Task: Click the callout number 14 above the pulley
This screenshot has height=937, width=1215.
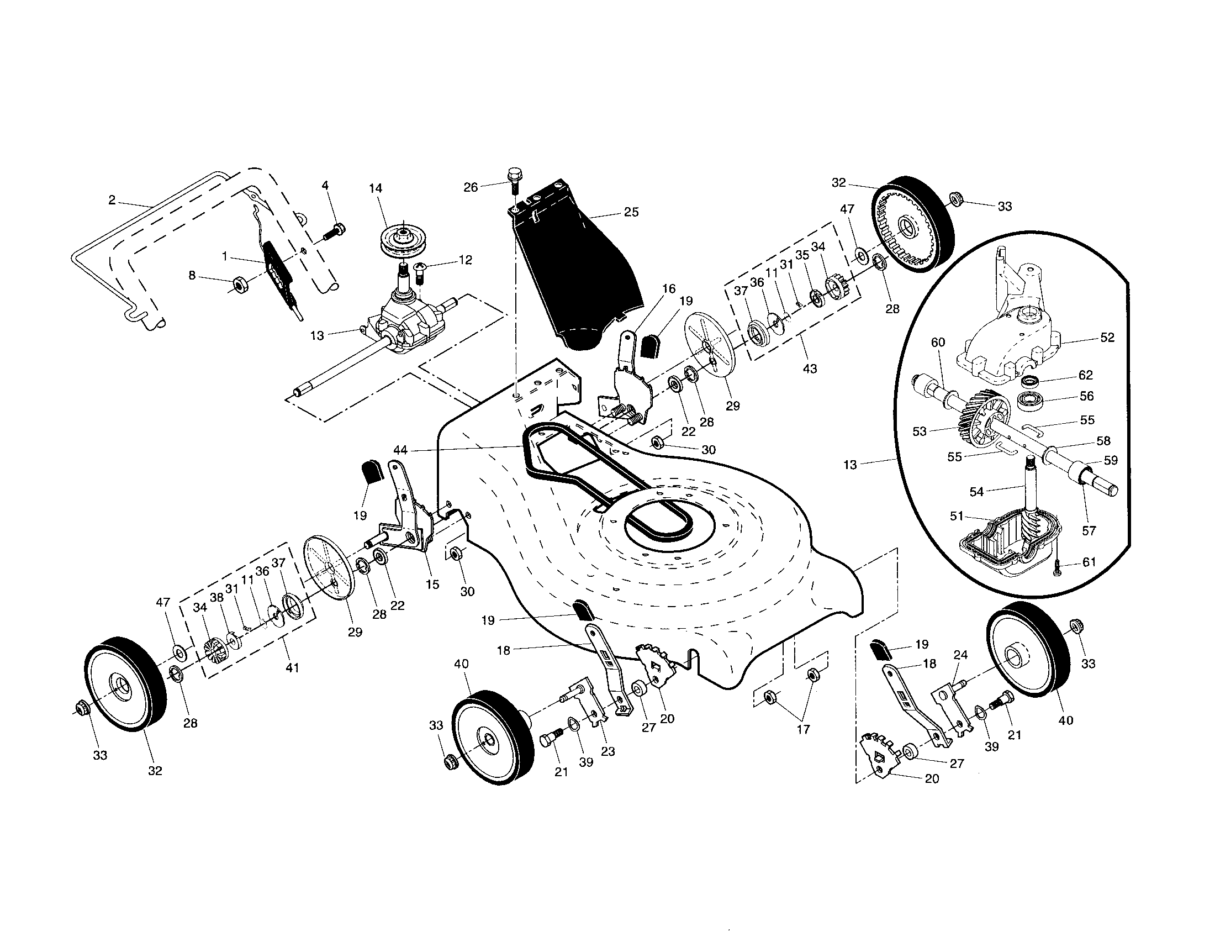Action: [x=376, y=188]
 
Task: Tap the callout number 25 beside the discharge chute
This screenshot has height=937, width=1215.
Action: [x=631, y=212]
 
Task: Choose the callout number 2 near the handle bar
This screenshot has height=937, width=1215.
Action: [x=112, y=201]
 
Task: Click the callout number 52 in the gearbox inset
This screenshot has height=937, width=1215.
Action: [x=1107, y=337]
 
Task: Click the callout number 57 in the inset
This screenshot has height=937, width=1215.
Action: [x=1089, y=530]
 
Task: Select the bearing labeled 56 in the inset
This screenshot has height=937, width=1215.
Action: [x=1033, y=400]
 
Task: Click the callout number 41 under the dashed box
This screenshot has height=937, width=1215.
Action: [x=292, y=667]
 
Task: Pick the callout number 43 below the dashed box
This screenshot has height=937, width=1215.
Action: [x=810, y=369]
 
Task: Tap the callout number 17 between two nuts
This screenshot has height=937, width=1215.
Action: [x=804, y=728]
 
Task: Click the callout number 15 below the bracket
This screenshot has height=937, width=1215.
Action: [x=432, y=583]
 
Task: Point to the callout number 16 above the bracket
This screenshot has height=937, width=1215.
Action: [x=668, y=288]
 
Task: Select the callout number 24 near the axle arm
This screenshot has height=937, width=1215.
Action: [x=960, y=655]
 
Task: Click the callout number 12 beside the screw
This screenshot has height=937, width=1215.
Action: [x=465, y=260]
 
